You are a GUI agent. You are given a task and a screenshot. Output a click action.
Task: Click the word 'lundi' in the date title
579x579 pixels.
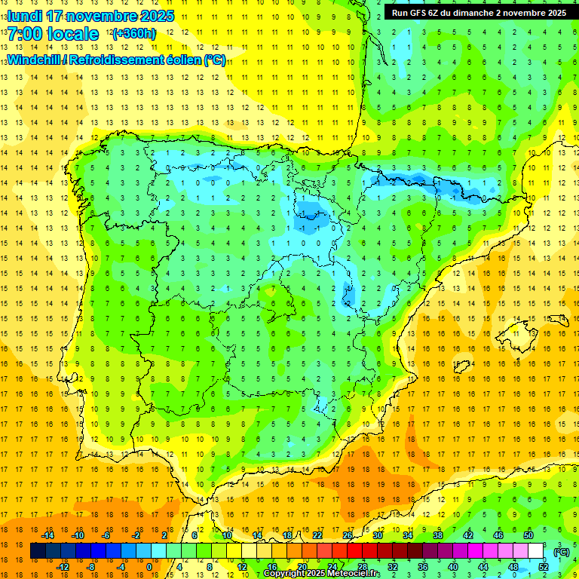point(25,16)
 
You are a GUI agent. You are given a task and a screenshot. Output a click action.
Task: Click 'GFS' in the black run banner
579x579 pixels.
point(421,13)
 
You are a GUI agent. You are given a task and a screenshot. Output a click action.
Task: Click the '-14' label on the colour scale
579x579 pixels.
point(47,535)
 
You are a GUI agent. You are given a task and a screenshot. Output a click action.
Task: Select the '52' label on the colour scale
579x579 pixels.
point(544,567)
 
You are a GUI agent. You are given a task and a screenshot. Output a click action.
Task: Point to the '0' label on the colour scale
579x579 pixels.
point(149,567)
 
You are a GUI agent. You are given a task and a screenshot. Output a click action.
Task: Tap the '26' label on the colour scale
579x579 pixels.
point(348,535)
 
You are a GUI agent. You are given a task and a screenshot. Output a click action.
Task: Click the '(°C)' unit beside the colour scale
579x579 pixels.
point(561,551)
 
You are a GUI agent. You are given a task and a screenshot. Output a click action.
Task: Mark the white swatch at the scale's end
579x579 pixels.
point(535,551)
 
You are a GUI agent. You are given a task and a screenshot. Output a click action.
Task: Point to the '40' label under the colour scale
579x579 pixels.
point(453,567)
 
